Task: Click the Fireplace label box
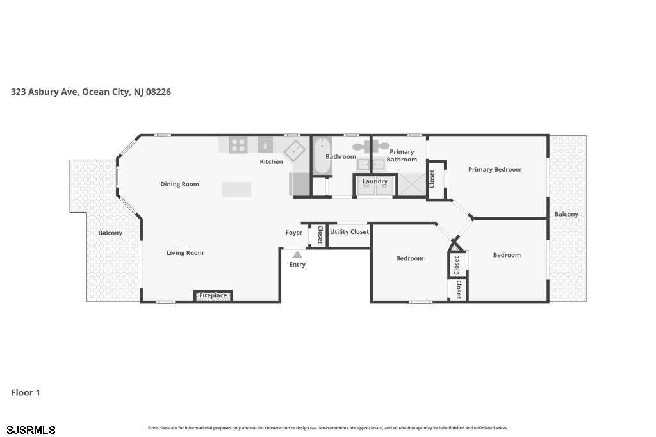tap(213, 295)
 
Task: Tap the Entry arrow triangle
tap(297, 254)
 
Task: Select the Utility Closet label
tap(349, 232)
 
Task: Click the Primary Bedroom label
tap(495, 170)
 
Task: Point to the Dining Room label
tap(179, 184)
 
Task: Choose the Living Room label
tap(185, 253)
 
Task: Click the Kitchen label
tap(271, 161)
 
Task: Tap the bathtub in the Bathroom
tap(322, 156)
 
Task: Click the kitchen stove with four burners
tap(238, 145)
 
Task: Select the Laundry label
tap(375, 181)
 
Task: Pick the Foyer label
tap(293, 233)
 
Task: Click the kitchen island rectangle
tap(236, 189)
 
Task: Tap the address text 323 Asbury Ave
tap(44, 92)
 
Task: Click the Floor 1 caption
tap(26, 393)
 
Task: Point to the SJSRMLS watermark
tap(31, 430)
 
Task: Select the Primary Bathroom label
tap(402, 155)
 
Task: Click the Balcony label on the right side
tap(566, 214)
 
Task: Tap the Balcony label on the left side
tap(110, 233)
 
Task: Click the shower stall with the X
tap(411, 185)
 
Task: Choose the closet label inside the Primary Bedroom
tap(432, 179)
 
